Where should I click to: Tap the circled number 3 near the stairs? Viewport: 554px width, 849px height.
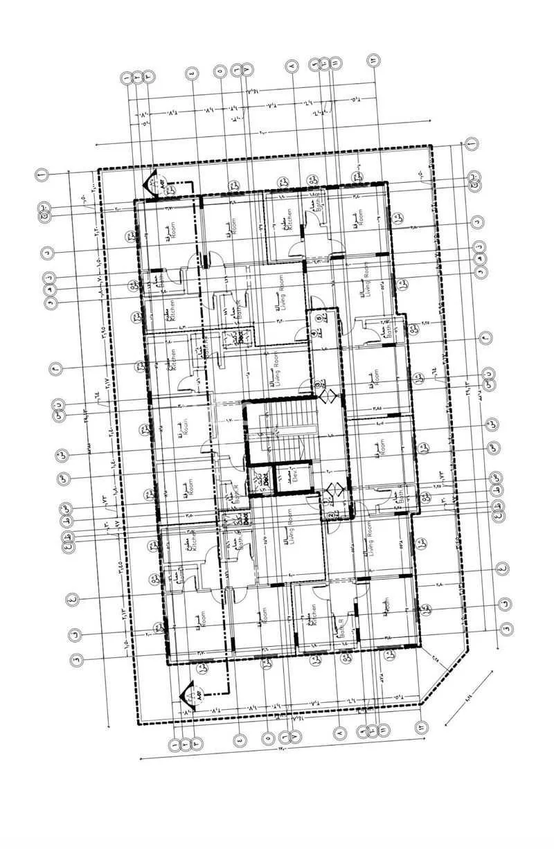point(319,385)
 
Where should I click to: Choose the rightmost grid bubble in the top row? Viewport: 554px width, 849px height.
point(373,60)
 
